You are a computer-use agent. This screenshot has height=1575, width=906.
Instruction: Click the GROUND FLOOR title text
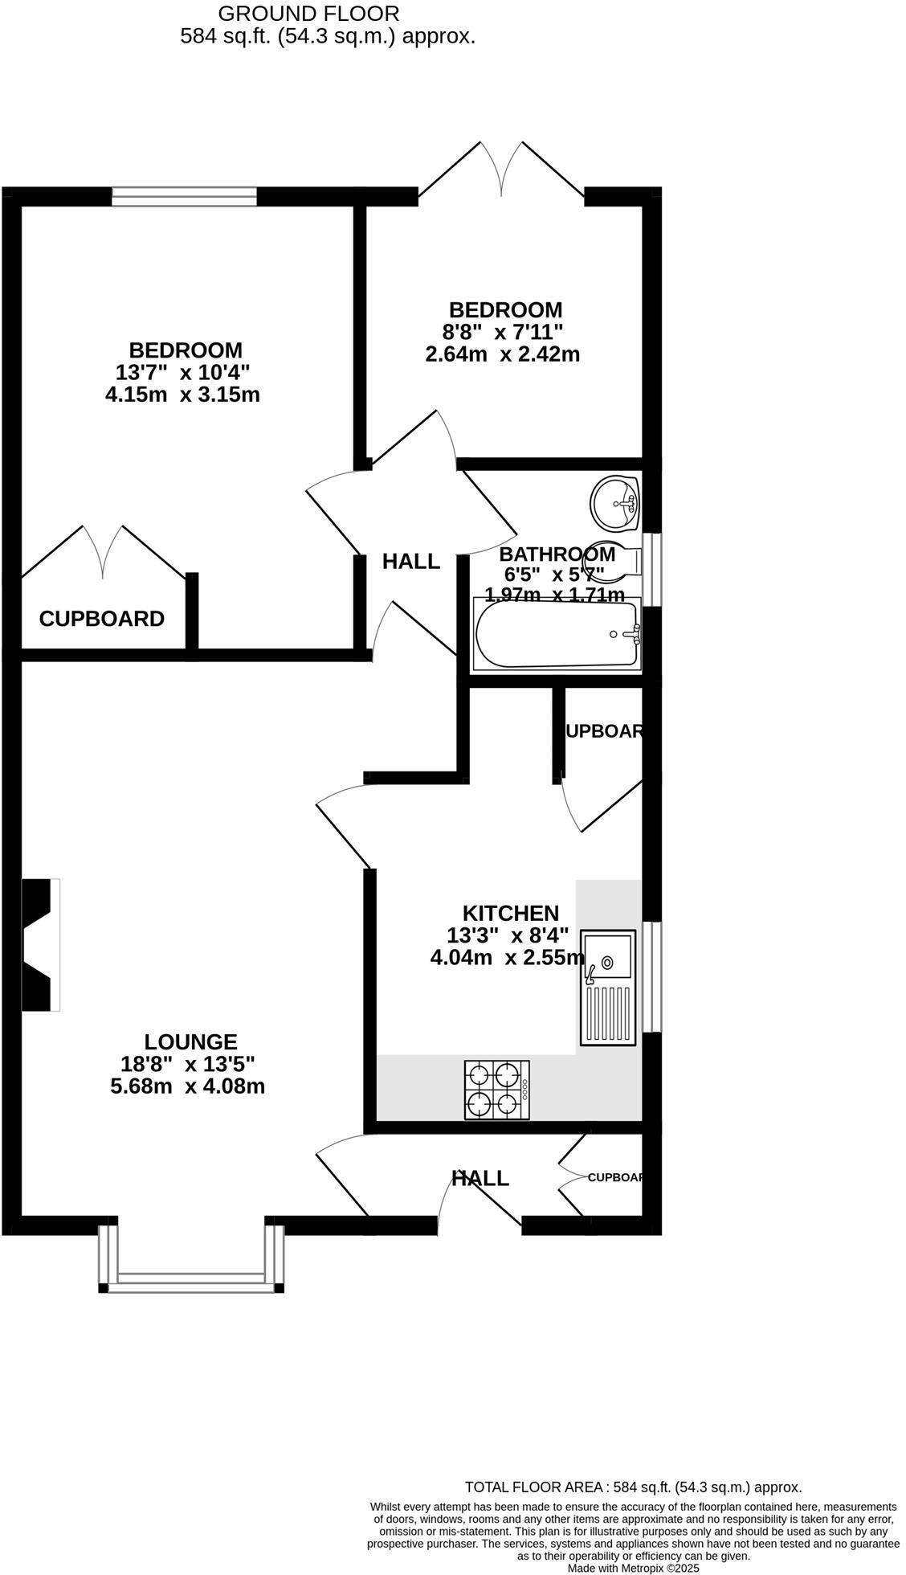point(308,14)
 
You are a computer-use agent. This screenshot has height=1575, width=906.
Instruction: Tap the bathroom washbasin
point(614,504)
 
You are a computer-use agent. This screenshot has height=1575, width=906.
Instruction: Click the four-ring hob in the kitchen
point(496,1090)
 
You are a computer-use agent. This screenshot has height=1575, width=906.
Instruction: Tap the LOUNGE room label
point(190,1042)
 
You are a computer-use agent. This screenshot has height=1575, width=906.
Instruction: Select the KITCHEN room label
point(510,913)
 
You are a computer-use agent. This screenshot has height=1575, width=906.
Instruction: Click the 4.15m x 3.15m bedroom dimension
point(182,395)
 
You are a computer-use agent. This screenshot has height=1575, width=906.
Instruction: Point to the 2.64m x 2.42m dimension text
point(502,354)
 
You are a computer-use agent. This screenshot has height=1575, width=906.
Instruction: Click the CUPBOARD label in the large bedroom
point(102,619)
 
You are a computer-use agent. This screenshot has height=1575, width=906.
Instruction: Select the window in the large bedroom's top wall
point(184,196)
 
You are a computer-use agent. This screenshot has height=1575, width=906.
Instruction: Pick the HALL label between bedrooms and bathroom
point(410,562)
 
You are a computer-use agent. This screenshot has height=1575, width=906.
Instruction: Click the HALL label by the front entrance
point(480,1178)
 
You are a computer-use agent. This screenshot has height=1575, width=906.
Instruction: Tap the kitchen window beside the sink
point(656,976)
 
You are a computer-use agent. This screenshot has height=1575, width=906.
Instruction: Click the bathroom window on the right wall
point(656,568)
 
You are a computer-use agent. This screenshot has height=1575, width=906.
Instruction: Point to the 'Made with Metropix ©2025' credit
point(633,1568)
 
